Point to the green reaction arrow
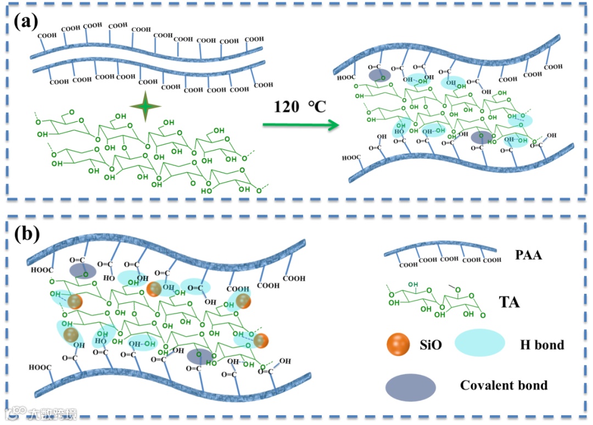click(x=299, y=126)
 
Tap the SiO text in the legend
click(x=430, y=345)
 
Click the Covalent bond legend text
click(x=504, y=385)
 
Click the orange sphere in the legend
click(x=398, y=344)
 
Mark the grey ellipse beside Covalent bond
click(x=411, y=388)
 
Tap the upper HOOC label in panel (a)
click(x=349, y=78)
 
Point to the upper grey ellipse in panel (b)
click(x=82, y=271)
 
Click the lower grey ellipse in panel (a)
click(x=482, y=137)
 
